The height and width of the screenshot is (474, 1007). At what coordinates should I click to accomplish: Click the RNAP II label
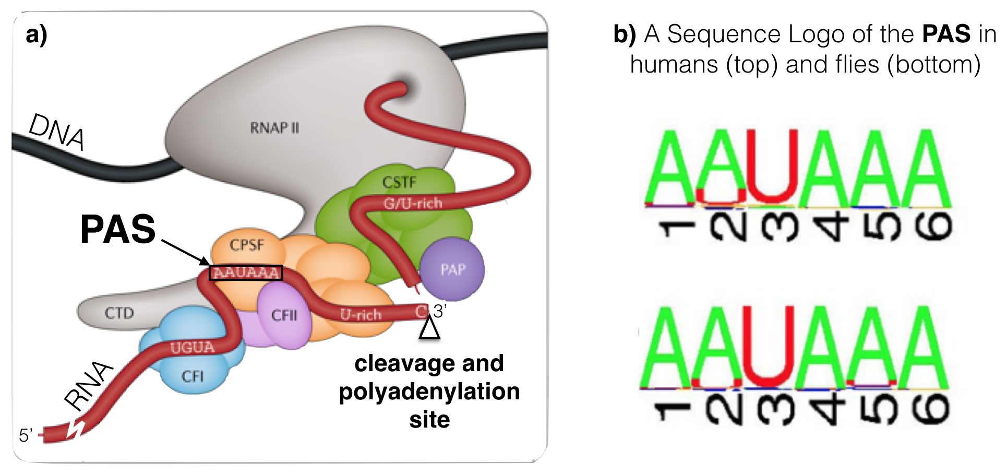click(x=274, y=128)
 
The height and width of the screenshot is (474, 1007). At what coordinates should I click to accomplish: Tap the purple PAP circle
click(x=452, y=269)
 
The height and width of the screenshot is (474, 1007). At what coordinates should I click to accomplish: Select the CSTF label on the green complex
click(x=399, y=182)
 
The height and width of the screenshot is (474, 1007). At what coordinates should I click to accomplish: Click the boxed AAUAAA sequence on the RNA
click(x=246, y=272)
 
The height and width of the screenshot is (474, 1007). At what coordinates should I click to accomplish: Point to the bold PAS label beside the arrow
click(x=118, y=229)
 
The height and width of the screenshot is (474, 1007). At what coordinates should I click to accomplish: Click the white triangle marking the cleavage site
click(x=429, y=328)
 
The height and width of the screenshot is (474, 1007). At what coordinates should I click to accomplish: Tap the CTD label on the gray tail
click(x=119, y=313)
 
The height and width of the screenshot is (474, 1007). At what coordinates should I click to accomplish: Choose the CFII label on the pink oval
click(x=284, y=315)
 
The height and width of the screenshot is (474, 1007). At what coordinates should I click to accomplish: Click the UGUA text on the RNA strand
click(x=192, y=348)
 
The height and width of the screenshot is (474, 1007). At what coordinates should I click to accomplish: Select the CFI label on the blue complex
click(x=192, y=376)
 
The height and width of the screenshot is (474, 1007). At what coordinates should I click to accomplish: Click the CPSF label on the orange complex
click(x=247, y=245)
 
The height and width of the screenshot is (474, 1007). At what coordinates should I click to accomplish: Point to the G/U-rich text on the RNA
click(x=413, y=203)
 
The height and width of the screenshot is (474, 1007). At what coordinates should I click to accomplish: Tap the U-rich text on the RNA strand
click(x=361, y=315)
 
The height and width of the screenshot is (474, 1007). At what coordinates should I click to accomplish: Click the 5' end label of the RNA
click(x=26, y=435)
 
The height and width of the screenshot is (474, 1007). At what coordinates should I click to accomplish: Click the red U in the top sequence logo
click(x=772, y=167)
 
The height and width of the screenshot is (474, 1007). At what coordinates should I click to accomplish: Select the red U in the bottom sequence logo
click(x=768, y=347)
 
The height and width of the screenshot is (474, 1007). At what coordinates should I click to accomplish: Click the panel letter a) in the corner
click(x=37, y=34)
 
